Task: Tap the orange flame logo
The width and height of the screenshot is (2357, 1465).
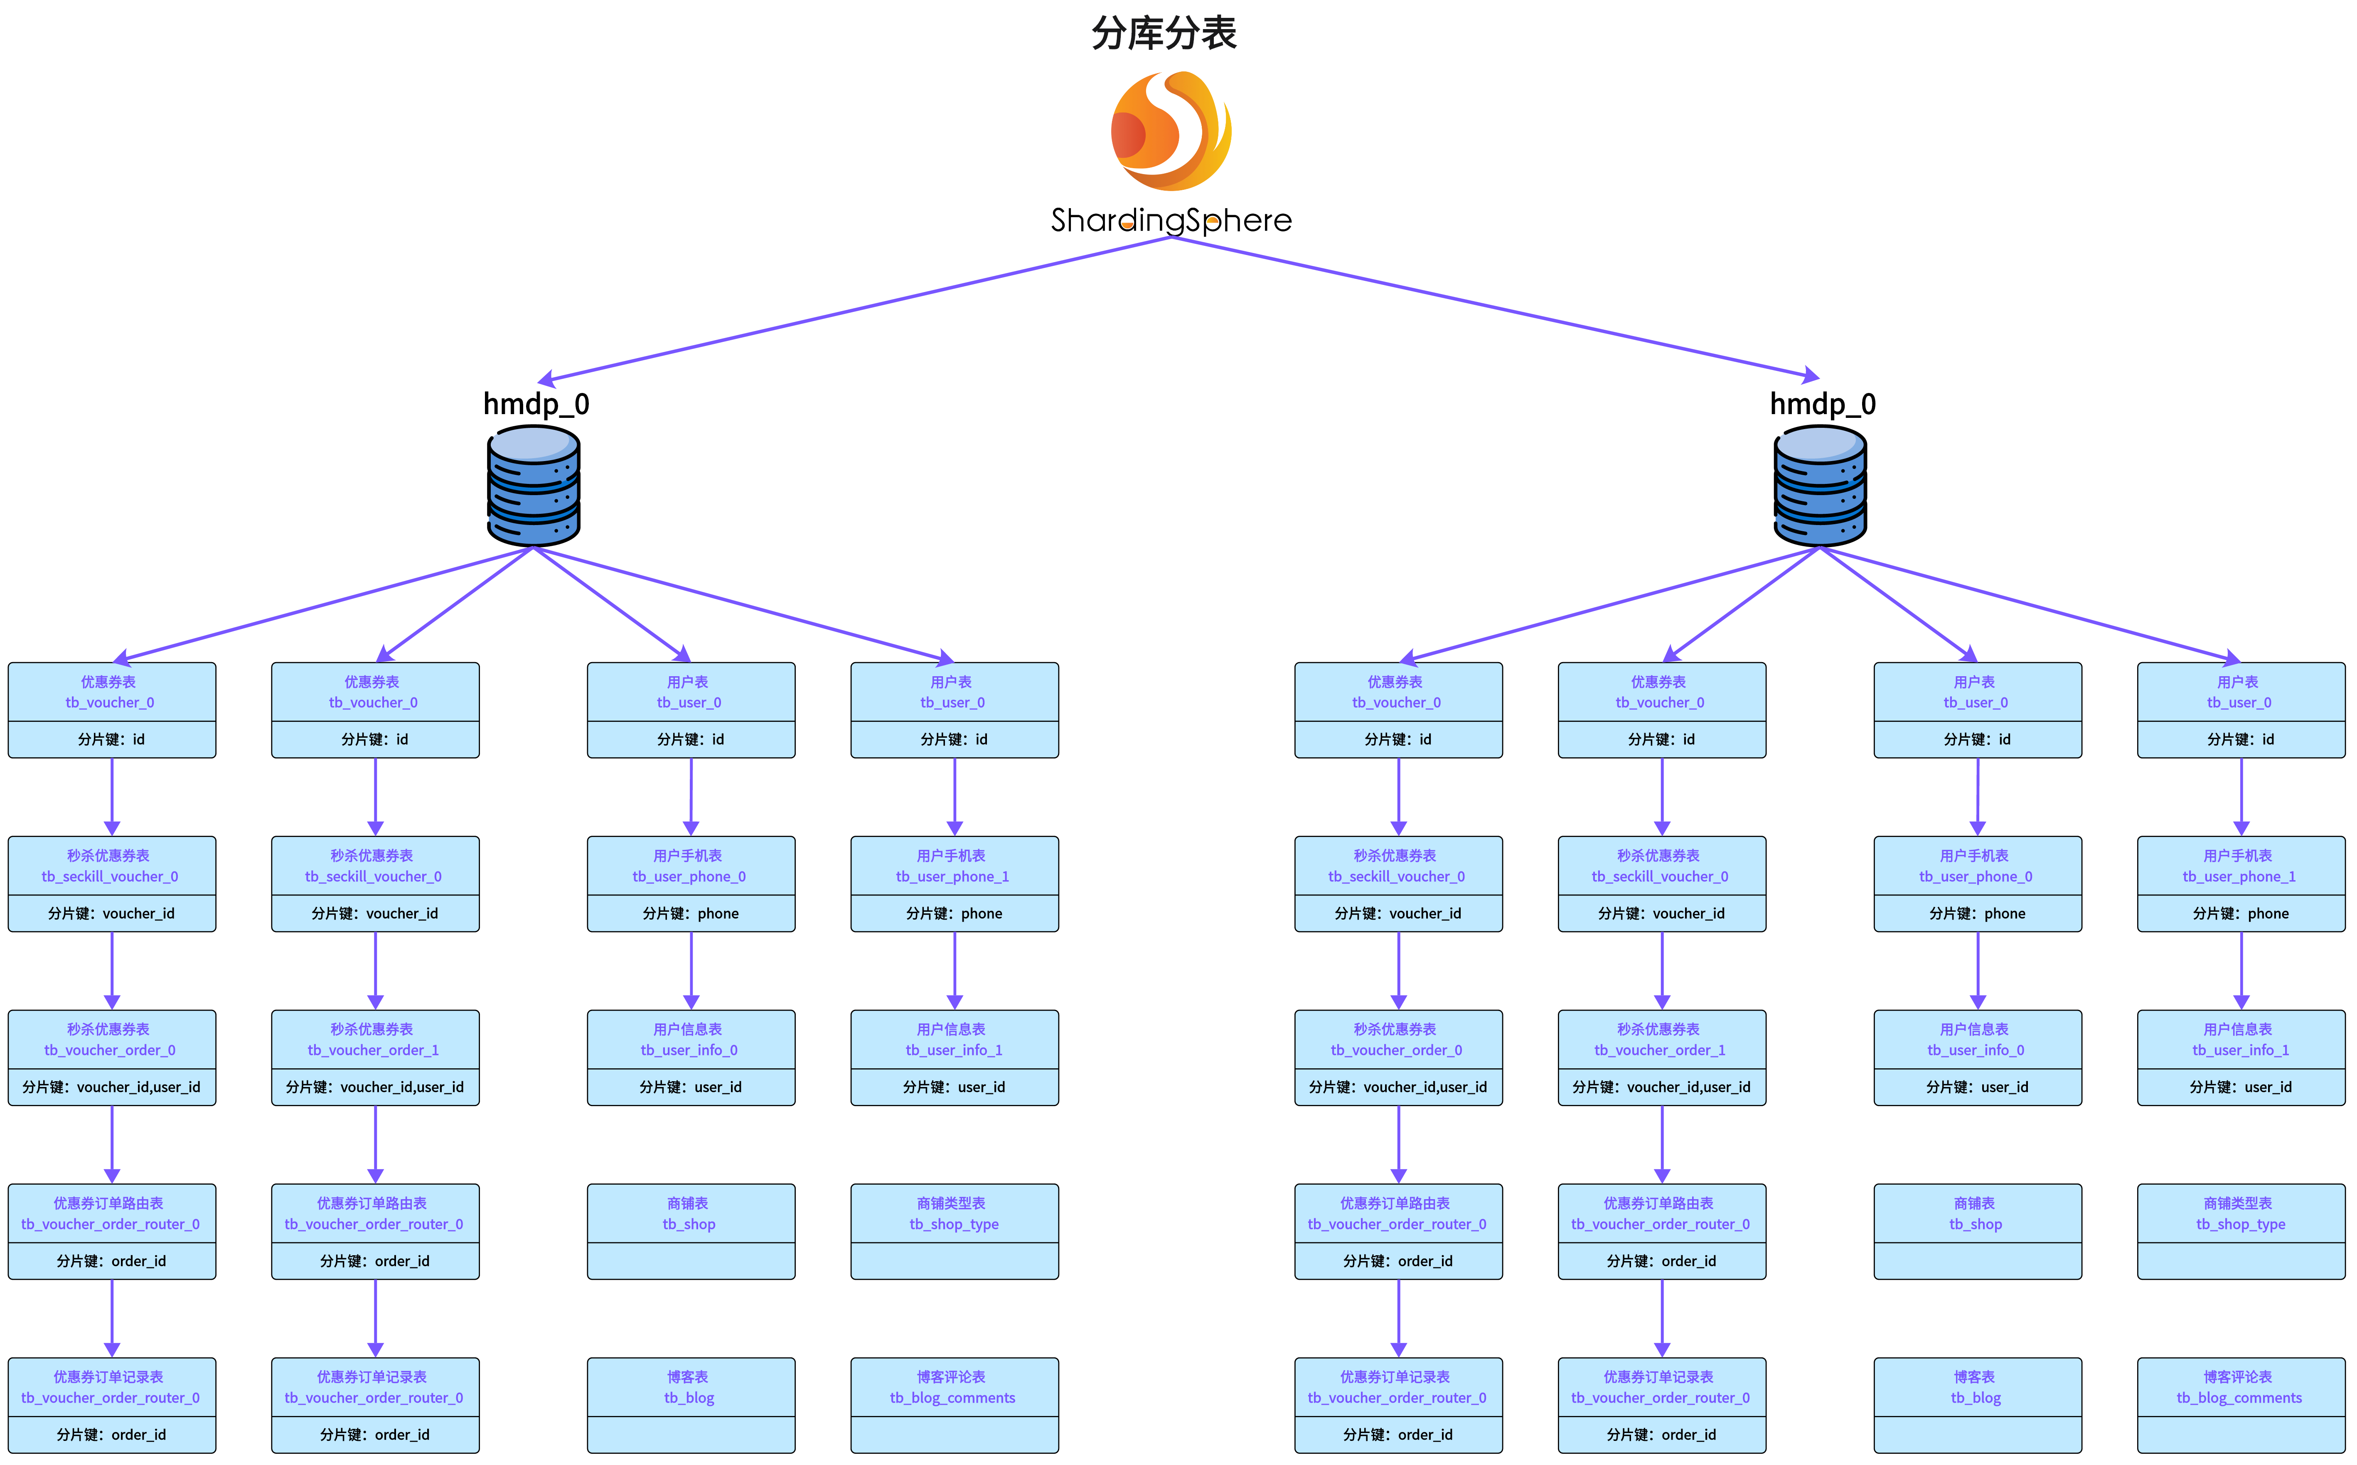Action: pos(1171,131)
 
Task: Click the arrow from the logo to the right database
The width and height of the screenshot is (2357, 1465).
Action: pos(1493,308)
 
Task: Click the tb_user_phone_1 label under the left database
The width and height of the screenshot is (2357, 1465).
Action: pos(953,876)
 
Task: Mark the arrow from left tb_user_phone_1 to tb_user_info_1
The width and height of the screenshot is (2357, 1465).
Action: pos(955,969)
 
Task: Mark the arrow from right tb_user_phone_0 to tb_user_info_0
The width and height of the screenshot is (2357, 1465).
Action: pos(1978,969)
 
